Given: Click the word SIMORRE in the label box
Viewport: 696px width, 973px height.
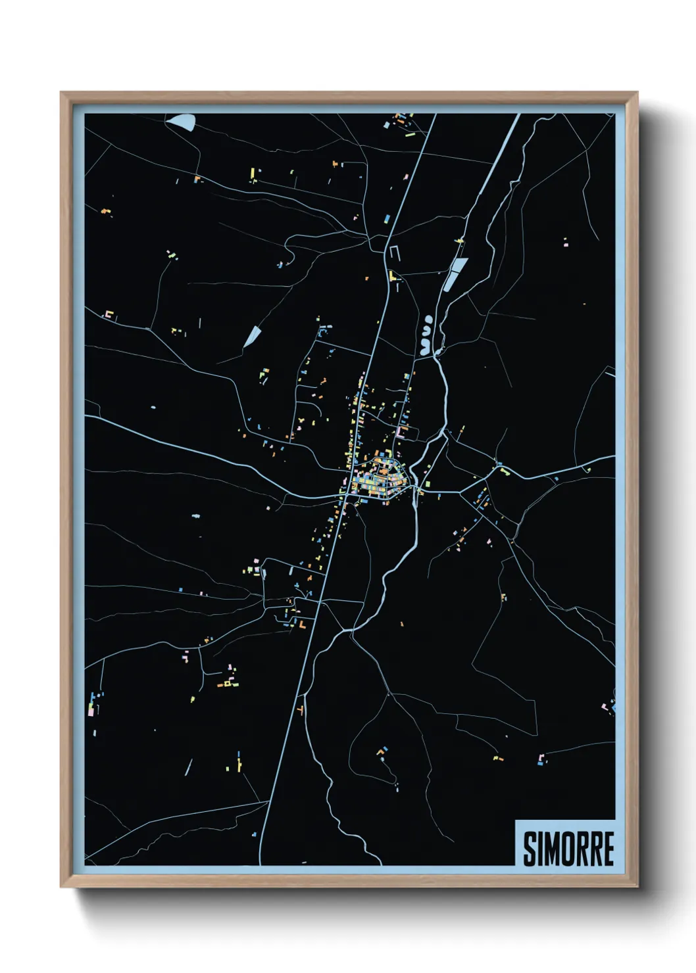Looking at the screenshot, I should (568, 848).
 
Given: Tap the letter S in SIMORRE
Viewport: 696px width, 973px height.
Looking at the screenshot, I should (530, 848).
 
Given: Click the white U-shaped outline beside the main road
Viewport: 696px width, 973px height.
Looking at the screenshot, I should (394, 252).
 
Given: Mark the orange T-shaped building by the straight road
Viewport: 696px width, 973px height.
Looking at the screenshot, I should (301, 710).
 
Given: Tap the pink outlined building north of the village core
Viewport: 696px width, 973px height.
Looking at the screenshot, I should (403, 433).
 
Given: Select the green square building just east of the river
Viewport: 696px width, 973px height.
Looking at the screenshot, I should (428, 484).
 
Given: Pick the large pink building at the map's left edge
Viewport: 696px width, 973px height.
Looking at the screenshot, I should (91, 709).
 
